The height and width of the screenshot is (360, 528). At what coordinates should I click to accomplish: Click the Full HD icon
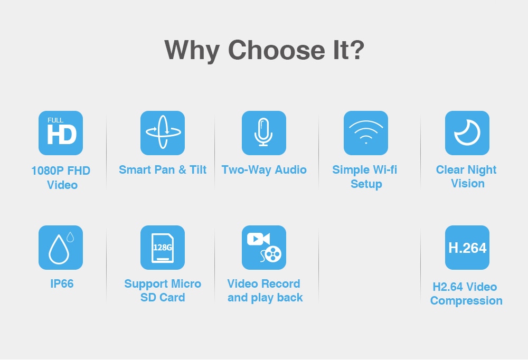(x=61, y=133)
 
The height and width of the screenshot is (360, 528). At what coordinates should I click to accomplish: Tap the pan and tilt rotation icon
(x=163, y=133)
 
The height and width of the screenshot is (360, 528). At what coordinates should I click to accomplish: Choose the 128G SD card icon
(x=163, y=248)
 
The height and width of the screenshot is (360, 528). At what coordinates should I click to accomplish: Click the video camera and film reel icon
(x=264, y=248)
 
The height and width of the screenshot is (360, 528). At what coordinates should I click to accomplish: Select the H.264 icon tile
(x=467, y=248)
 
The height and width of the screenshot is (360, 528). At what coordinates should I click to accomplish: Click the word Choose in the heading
(x=277, y=50)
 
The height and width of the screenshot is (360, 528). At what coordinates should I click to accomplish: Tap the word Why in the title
(x=192, y=51)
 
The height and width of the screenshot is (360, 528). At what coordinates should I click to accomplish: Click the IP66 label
(x=62, y=284)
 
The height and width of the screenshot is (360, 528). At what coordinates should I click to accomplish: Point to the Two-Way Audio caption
(x=264, y=170)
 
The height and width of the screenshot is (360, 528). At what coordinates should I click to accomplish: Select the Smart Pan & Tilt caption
(x=163, y=170)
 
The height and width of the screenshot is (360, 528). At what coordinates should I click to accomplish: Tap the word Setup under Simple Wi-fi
(x=366, y=184)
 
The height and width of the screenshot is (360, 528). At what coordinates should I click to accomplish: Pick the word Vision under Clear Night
(x=468, y=184)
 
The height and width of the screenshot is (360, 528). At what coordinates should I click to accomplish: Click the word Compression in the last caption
(x=466, y=301)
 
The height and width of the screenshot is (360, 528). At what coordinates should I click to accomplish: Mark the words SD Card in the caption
(x=163, y=298)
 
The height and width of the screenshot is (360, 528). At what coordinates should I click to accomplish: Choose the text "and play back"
(x=265, y=298)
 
